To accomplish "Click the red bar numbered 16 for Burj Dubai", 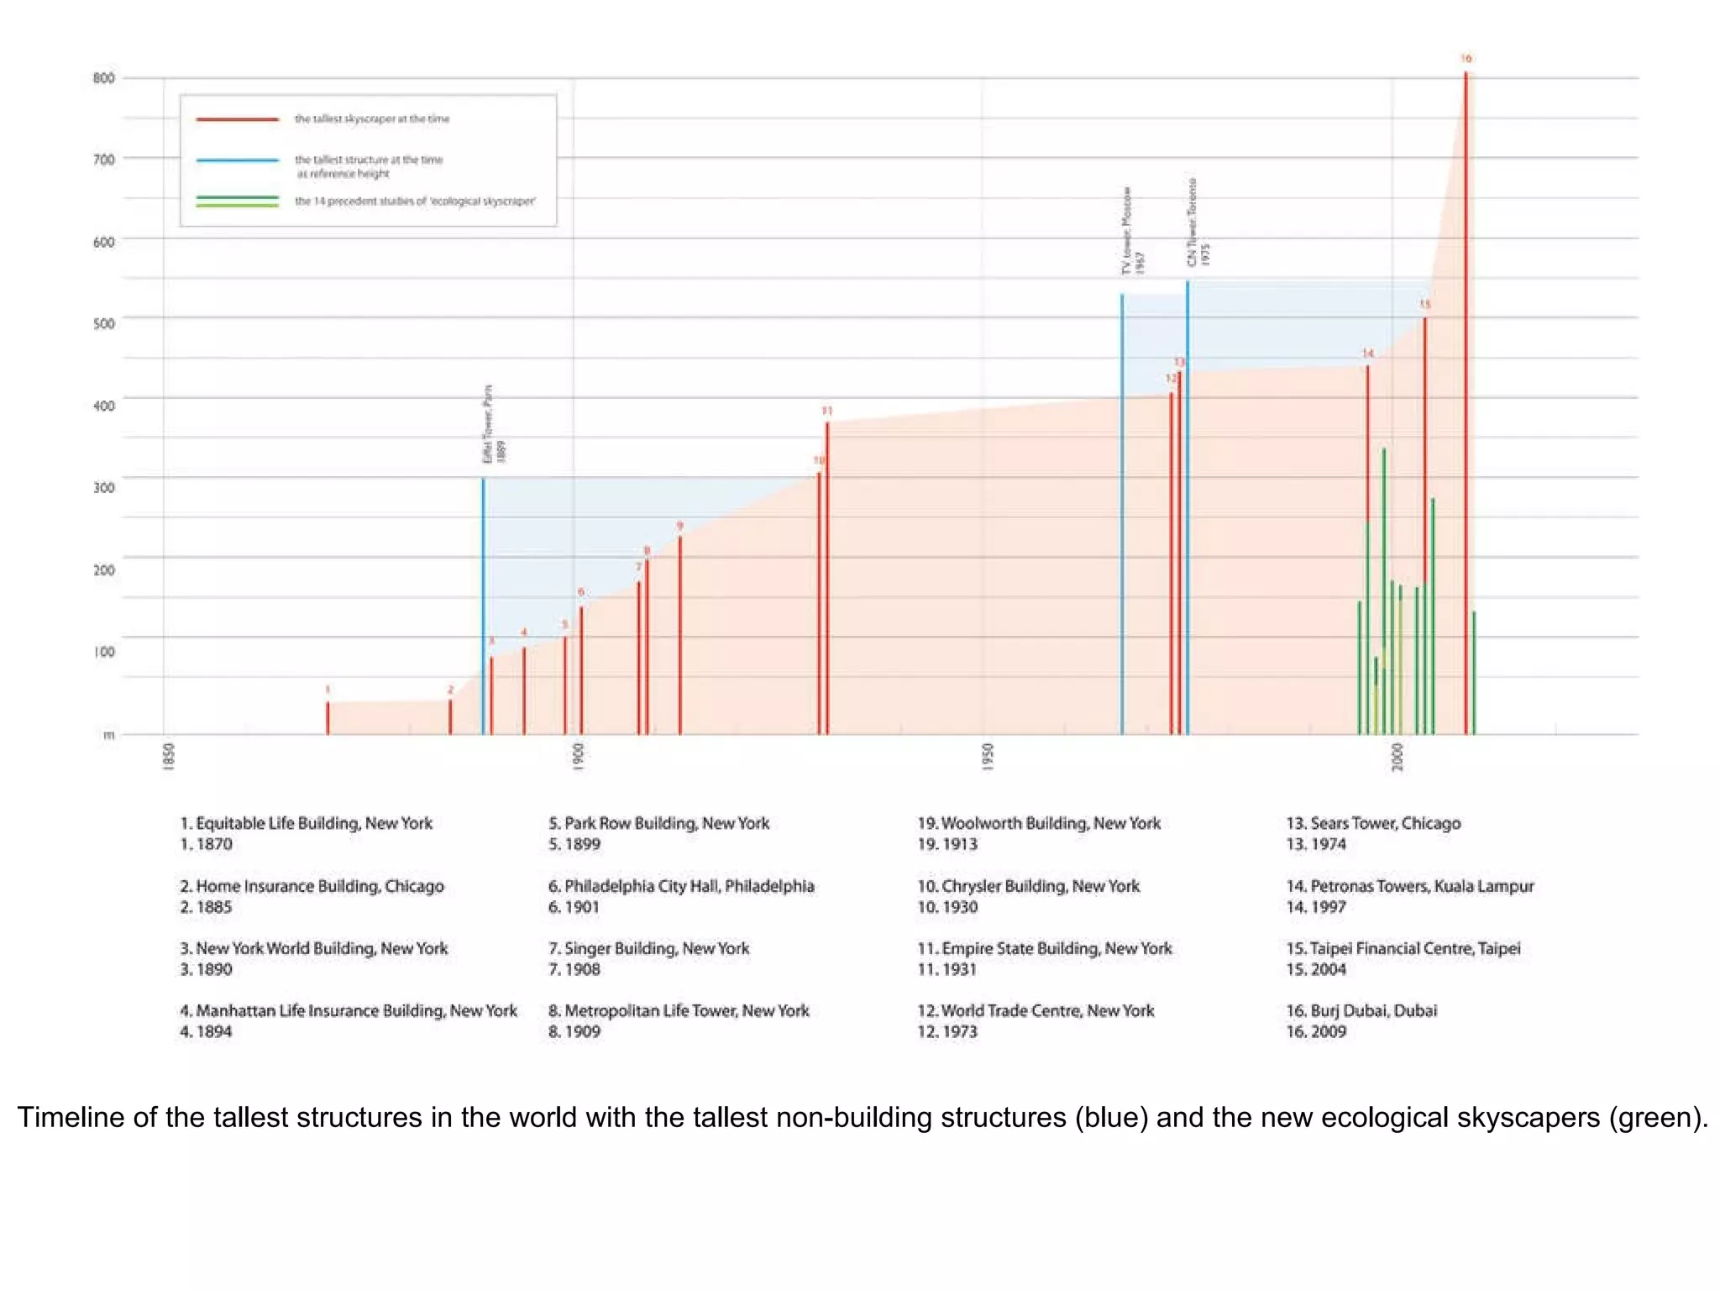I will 1466,403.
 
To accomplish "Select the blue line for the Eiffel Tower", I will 483,605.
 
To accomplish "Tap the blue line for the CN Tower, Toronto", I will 1188,504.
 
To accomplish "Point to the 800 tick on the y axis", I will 104,78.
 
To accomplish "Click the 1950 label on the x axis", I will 988,757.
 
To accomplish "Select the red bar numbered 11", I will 827,579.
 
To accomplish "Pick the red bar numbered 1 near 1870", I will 328,718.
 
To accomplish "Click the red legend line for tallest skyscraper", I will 238,119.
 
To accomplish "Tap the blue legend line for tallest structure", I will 238,160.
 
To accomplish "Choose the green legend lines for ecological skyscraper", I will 238,202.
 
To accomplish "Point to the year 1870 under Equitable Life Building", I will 213,844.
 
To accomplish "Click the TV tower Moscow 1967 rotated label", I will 1133,230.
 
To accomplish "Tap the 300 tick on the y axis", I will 104,487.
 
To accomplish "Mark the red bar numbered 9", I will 680,634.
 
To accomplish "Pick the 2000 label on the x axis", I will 1397,757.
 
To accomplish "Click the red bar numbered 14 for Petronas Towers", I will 1367,445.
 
